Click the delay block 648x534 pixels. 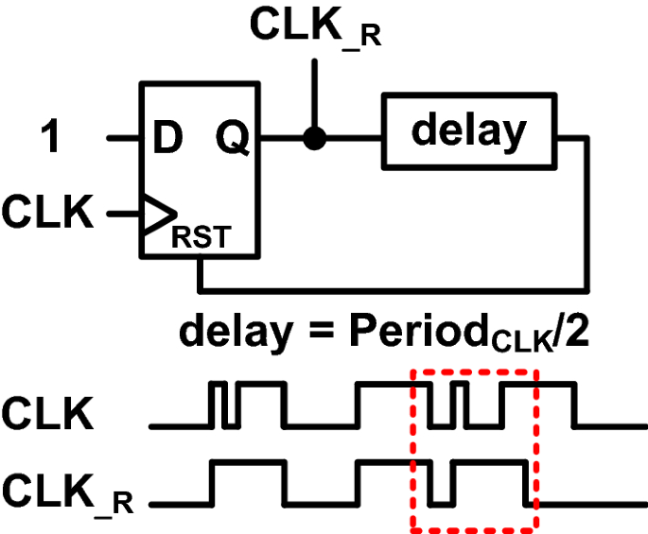tap(468, 131)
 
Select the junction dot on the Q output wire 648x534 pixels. tap(315, 139)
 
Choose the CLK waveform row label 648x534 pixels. tap(48, 413)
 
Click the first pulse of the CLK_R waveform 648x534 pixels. tap(248, 462)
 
